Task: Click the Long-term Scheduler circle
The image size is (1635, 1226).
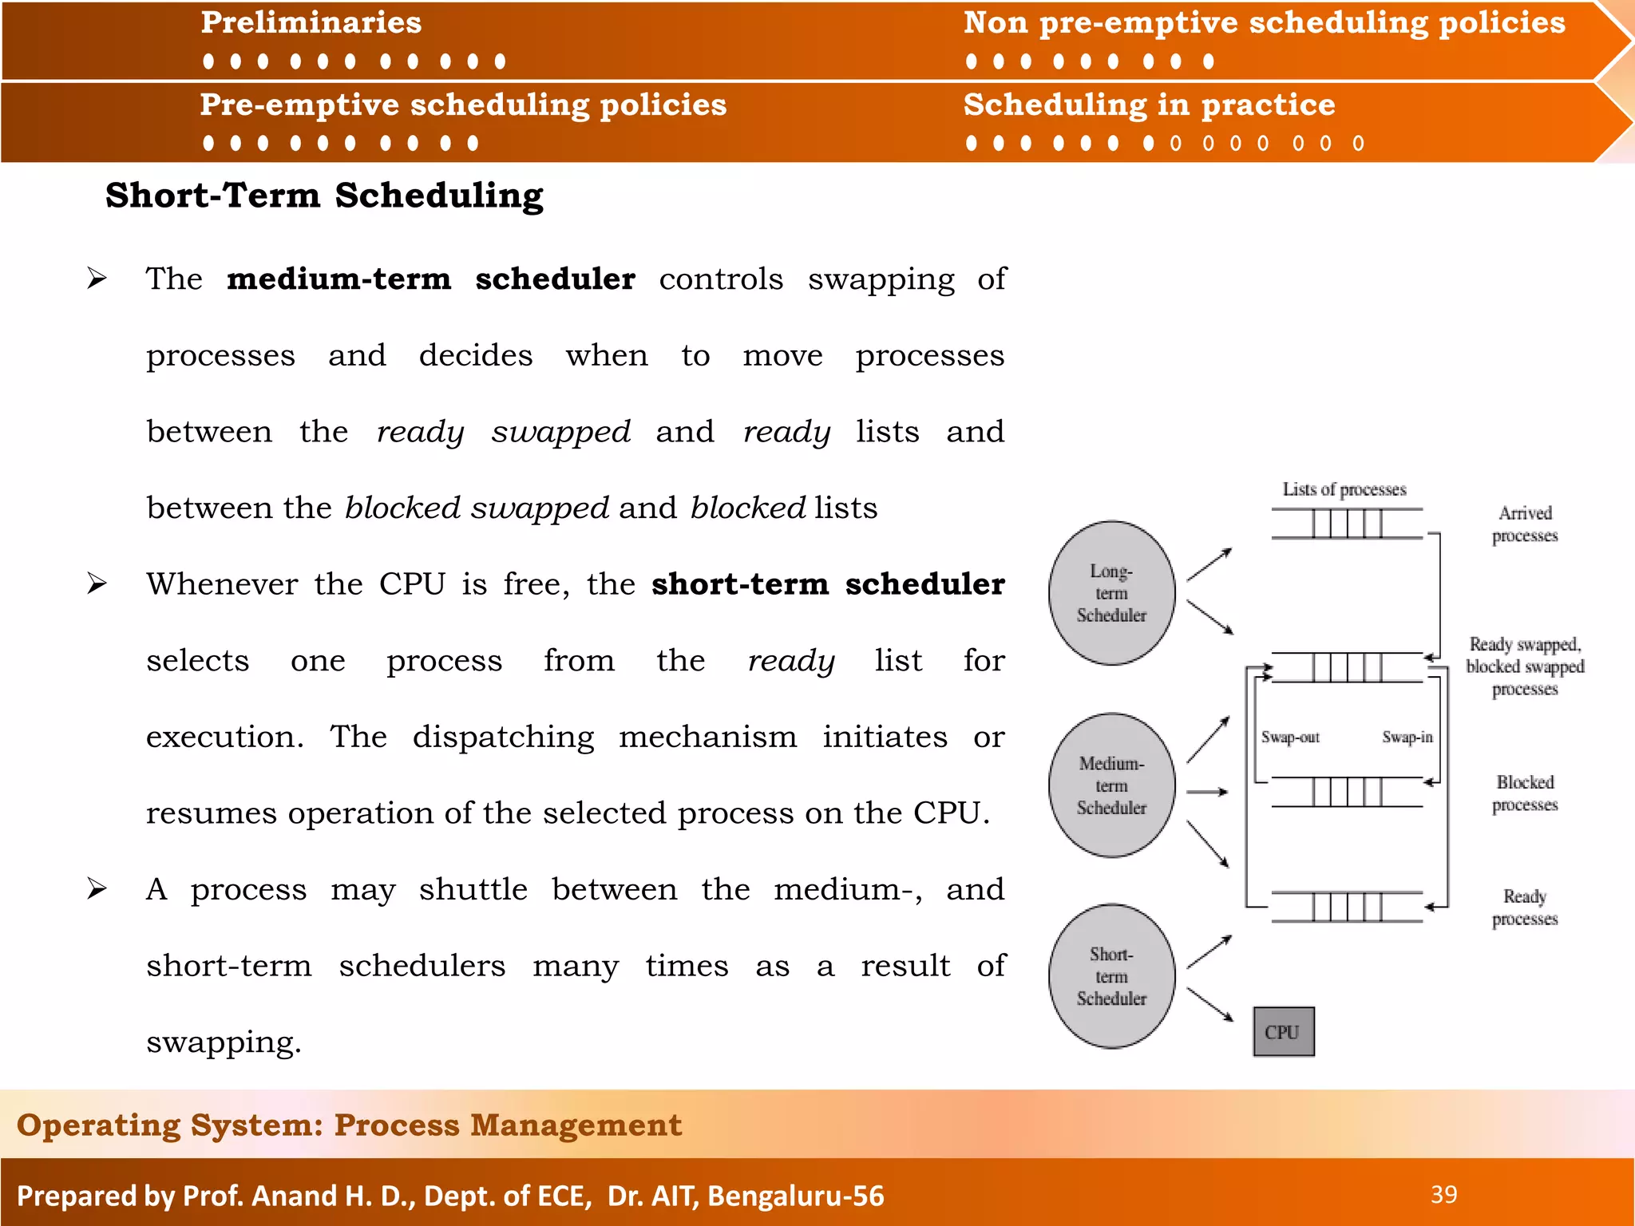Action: tap(1111, 593)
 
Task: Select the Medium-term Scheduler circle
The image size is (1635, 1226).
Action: tap(1111, 785)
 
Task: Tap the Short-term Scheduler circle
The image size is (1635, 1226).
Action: tap(1111, 976)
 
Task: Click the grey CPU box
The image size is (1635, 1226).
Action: tap(1283, 1032)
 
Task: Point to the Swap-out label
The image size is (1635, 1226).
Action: tap(1290, 738)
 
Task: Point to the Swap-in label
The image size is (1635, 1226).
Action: tap(1407, 738)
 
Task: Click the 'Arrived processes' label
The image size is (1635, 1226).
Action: tap(1525, 524)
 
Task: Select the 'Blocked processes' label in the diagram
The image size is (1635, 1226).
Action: tap(1525, 793)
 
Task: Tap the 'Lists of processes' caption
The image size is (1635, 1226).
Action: tap(1344, 489)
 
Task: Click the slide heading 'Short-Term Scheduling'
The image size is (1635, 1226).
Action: tap(324, 196)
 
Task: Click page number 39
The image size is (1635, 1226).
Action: tap(1443, 1195)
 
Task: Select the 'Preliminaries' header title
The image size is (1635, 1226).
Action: tap(311, 23)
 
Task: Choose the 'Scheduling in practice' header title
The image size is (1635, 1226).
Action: tap(1149, 105)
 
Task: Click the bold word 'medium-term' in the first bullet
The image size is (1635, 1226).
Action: tap(339, 279)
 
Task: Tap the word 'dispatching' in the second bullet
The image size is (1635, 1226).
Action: tap(503, 737)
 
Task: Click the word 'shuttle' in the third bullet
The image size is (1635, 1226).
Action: tap(473, 889)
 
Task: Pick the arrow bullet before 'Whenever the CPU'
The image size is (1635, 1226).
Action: tap(97, 583)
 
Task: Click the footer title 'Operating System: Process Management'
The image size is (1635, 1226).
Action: tap(350, 1125)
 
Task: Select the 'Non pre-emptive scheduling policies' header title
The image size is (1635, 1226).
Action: tap(1264, 23)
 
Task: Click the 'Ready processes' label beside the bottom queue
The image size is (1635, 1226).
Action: tap(1525, 908)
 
